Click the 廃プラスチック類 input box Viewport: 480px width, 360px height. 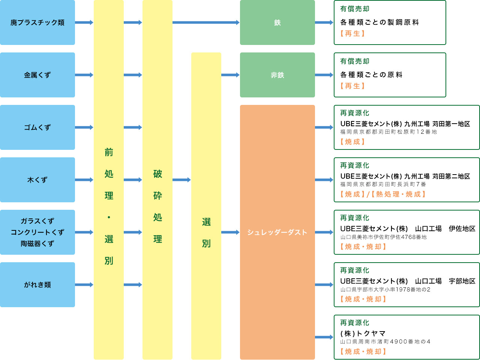[x=37, y=22]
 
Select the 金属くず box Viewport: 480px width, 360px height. [x=37, y=75]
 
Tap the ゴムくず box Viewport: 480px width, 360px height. [x=37, y=127]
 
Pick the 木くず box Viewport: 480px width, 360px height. [x=37, y=180]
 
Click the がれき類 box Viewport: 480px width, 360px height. [x=37, y=285]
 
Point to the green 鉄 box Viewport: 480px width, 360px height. [x=277, y=22]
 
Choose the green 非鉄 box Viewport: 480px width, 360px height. [x=277, y=75]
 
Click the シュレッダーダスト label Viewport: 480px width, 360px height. [x=277, y=232]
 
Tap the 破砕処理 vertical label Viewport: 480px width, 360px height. [x=157, y=206]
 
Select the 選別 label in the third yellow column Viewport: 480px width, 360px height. [x=206, y=232]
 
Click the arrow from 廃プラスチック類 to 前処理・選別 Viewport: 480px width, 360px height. [x=84, y=22]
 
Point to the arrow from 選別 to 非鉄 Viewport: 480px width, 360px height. [x=230, y=75]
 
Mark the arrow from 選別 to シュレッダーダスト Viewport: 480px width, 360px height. [x=230, y=232]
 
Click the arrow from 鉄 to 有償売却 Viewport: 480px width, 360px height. [x=324, y=22]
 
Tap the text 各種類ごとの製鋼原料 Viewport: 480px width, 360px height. [x=379, y=22]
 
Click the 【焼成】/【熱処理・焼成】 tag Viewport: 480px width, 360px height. [x=382, y=194]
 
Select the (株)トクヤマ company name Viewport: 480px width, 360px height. [x=363, y=333]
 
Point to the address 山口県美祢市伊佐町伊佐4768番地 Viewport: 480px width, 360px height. [x=383, y=237]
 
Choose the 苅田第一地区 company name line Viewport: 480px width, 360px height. [x=405, y=124]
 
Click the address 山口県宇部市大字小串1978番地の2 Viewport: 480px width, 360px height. [x=385, y=290]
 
